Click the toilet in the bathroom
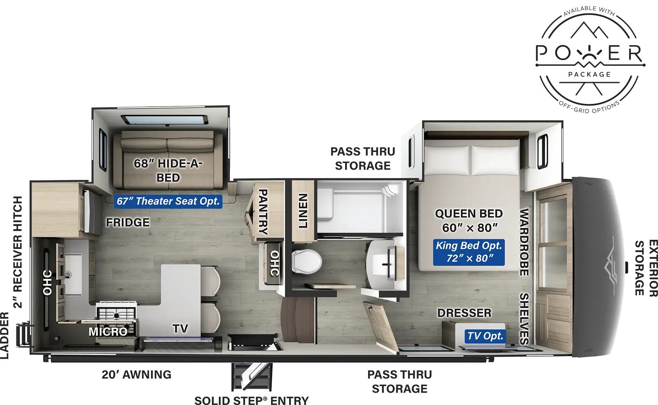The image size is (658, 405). [306, 262]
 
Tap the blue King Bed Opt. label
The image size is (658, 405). [469, 251]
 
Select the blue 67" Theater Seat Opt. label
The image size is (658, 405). [168, 201]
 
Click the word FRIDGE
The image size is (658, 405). [128, 222]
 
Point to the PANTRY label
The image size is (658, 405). [262, 212]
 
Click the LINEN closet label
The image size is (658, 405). [303, 210]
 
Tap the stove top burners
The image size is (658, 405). [116, 312]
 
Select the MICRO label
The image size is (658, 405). [108, 331]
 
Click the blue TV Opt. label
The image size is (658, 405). [485, 336]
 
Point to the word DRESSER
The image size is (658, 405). [464, 313]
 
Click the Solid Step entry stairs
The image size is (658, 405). [251, 376]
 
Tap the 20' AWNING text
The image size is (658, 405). [137, 375]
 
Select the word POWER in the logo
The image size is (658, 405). [589, 54]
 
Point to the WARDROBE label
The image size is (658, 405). [524, 242]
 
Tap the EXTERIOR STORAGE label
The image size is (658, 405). [646, 268]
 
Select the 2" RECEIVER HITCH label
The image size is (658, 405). [18, 251]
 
